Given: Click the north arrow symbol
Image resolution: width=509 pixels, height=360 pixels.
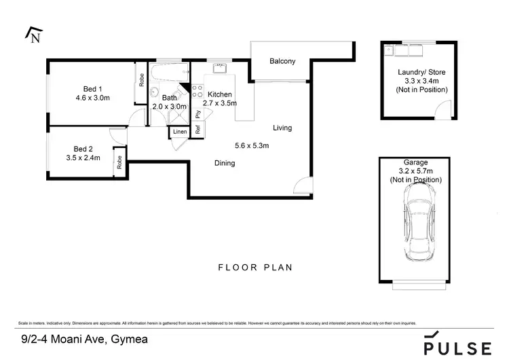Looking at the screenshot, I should [33, 35].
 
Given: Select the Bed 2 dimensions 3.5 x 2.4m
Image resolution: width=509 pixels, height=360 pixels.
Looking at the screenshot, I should [87, 158].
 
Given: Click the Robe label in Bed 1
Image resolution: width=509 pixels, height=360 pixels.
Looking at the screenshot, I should [141, 79].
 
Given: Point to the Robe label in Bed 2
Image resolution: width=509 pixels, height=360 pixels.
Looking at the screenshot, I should [119, 162].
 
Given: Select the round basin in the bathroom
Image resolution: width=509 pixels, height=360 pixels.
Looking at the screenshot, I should [154, 93].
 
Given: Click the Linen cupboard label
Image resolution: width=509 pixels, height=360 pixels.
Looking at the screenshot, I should [179, 131].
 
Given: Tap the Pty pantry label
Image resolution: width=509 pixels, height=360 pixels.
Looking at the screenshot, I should [197, 113].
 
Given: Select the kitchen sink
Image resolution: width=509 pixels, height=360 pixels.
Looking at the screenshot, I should [220, 68].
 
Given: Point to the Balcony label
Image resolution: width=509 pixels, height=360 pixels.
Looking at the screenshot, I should [282, 62].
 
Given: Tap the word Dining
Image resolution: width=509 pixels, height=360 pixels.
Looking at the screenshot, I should [225, 163].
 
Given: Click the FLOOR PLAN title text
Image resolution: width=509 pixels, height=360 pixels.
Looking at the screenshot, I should [254, 268].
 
